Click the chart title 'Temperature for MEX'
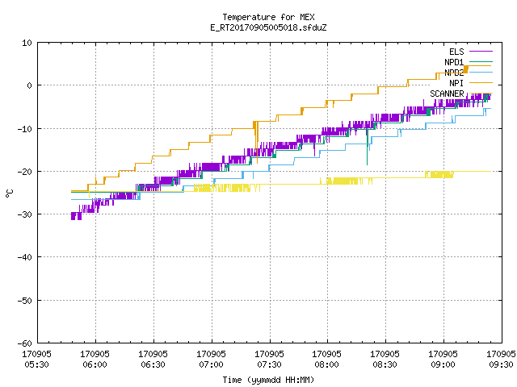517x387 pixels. click(x=268, y=17)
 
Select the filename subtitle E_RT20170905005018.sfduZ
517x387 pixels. click(x=268, y=27)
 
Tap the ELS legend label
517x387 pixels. click(x=456, y=52)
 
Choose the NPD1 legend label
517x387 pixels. click(x=454, y=62)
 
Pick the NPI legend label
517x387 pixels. click(x=456, y=83)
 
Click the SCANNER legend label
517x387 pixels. click(x=447, y=94)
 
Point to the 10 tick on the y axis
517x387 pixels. click(x=27, y=43)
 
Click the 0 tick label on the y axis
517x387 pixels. click(x=29, y=85)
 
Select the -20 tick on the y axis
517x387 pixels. click(x=24, y=172)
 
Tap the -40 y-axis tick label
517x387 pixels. click(x=24, y=257)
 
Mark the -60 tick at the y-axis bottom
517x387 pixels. click(x=24, y=343)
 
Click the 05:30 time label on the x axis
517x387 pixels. click(x=36, y=364)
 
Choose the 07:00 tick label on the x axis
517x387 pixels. click(x=211, y=364)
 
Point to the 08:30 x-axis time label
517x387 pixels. click(x=385, y=364)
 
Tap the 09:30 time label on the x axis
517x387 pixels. click(x=501, y=364)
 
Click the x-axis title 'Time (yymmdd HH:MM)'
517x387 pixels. click(x=268, y=380)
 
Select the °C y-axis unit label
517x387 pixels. click(x=9, y=193)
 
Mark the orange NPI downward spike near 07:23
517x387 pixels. click(x=256, y=142)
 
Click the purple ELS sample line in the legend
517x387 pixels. click(x=481, y=52)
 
